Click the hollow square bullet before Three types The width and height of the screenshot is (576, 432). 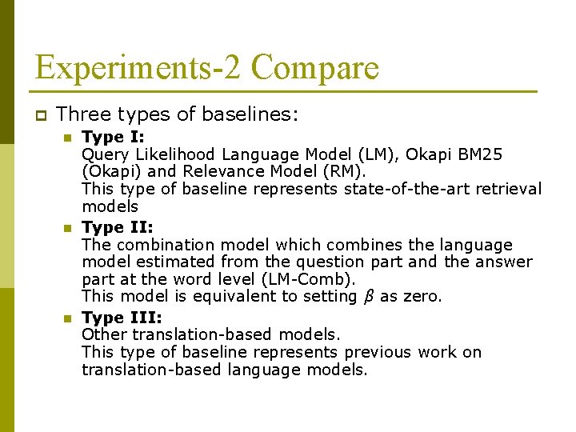pyautogui.click(x=42, y=115)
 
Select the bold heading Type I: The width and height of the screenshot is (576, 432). pyautogui.click(x=114, y=137)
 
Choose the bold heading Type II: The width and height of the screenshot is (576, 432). pyautogui.click(x=118, y=227)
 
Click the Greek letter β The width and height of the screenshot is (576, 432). pyautogui.click(x=369, y=297)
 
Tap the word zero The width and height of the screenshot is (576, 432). pyautogui.click(x=422, y=297)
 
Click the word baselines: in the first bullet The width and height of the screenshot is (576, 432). pyautogui.click(x=252, y=115)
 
